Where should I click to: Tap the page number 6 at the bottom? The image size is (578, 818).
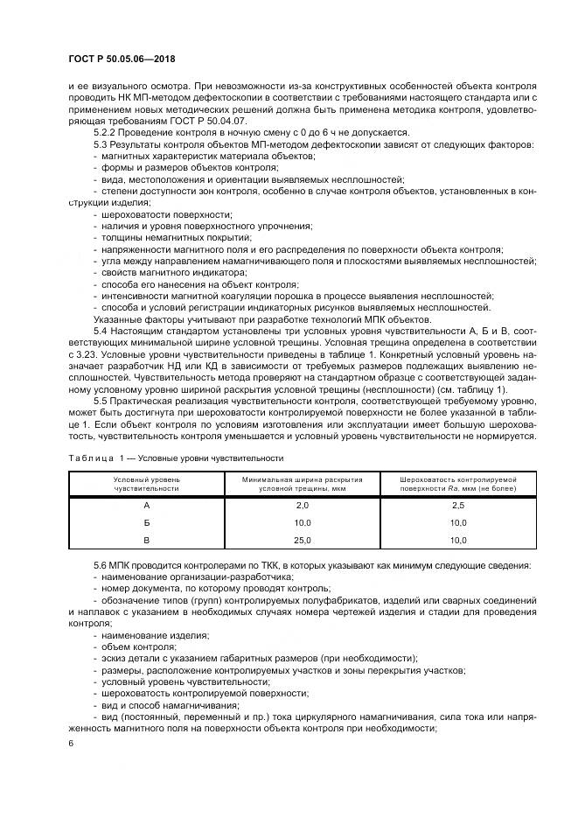tap(71, 743)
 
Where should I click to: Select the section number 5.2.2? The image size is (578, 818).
tap(106, 129)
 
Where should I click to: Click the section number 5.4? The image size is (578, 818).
tap(101, 333)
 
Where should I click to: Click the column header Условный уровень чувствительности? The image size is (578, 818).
tap(146, 485)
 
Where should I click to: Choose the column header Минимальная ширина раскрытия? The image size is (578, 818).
tap(303, 480)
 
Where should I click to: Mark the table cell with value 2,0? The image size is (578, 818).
tap(303, 507)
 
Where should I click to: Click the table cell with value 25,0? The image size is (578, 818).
tap(303, 541)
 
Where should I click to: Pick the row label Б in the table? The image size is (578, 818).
tap(146, 524)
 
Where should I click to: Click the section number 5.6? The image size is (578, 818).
tap(101, 566)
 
